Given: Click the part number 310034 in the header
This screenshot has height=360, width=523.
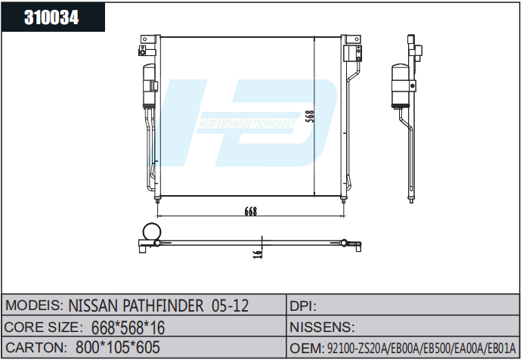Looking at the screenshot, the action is (51, 17).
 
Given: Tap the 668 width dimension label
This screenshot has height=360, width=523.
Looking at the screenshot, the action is (251, 211).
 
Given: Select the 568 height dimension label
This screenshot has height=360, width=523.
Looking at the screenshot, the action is (310, 116).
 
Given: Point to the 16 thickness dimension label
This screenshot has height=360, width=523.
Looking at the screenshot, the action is (258, 253).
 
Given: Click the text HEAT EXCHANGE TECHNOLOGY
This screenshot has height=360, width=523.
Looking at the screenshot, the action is (247, 124).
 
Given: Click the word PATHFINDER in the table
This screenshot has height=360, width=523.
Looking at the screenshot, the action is (163, 306).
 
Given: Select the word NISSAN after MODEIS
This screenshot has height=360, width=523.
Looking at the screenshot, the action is (93, 306).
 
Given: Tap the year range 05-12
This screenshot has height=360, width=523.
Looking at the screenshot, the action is (231, 306).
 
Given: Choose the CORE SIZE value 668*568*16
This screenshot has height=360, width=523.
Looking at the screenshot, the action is (128, 327).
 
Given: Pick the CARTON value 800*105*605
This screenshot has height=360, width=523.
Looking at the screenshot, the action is (118, 347).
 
